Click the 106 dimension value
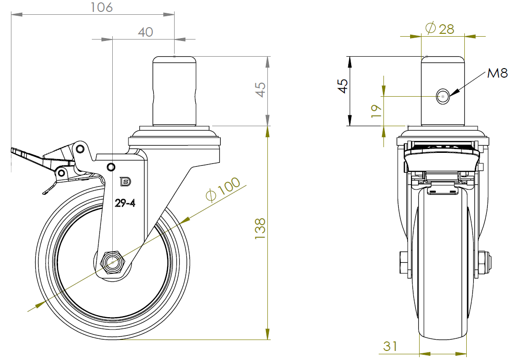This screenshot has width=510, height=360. [101, 7]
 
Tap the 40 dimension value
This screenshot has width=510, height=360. [146, 32]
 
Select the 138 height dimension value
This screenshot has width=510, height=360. [260, 229]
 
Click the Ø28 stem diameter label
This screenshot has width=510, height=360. [440, 29]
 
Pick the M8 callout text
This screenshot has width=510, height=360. [497, 73]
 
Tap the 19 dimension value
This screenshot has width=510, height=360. [376, 111]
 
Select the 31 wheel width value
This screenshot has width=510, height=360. [390, 346]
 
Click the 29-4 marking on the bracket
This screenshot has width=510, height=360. [125, 203]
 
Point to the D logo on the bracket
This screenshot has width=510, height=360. [125, 181]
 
